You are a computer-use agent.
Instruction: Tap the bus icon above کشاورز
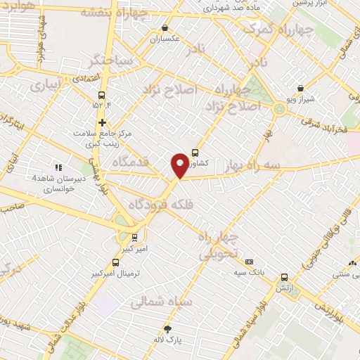195,153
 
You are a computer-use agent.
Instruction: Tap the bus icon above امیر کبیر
134,238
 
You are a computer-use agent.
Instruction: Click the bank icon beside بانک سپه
249,261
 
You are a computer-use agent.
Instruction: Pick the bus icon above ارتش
284,278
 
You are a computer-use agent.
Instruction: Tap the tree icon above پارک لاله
167,329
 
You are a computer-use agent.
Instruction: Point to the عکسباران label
165,39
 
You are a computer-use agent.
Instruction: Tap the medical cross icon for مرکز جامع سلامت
103,122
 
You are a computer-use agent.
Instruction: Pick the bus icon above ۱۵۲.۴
103,95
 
